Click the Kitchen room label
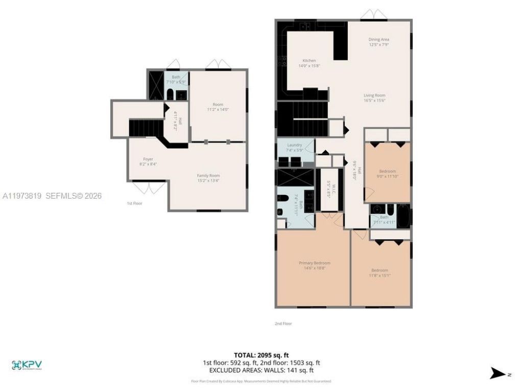[309, 63]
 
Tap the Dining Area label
[379, 42]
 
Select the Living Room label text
[374, 97]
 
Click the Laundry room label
[295, 148]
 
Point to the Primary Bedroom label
[314, 265]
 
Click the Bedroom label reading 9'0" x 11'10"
[387, 174]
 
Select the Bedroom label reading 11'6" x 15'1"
[379, 273]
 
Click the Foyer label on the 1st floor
[148, 161]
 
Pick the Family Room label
[208, 178]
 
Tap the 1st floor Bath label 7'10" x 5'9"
[176, 79]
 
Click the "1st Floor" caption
[134, 203]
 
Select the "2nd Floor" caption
[283, 323]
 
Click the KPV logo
[27, 365]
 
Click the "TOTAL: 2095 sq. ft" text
[261, 355]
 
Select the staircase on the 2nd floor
[302, 118]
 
